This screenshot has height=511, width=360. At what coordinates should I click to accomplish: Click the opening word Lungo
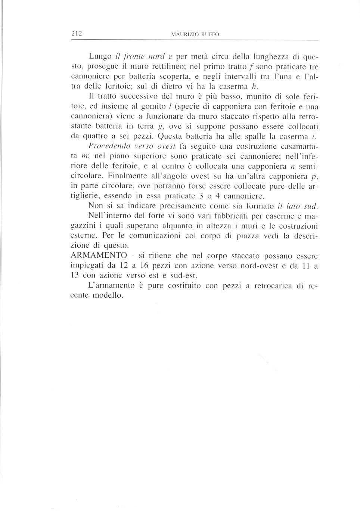click(100, 57)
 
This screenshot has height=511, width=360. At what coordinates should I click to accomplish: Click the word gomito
click(138, 106)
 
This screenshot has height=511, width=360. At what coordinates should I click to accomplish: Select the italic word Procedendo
click(105, 146)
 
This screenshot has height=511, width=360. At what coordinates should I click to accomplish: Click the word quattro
click(97, 136)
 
